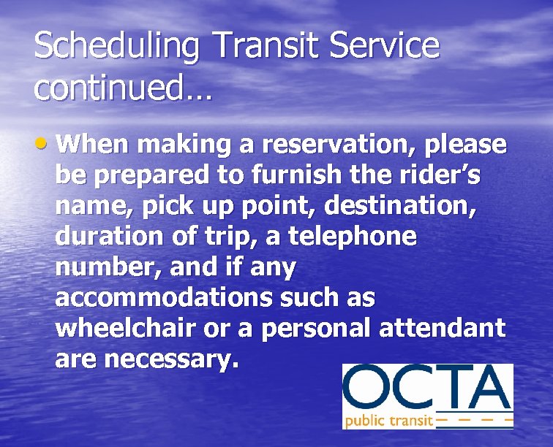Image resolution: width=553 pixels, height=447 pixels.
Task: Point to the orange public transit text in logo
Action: click(388, 421)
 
